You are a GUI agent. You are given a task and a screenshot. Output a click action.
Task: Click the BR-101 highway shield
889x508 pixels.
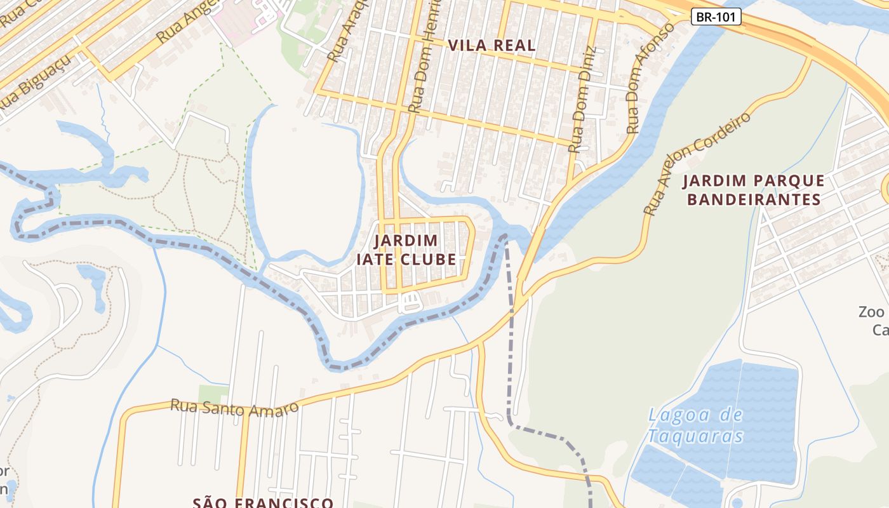pos(716,17)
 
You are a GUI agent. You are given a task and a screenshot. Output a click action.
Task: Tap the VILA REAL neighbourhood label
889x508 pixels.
pos(491,46)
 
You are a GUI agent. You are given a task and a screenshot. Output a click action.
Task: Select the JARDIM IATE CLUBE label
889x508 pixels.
pos(406,250)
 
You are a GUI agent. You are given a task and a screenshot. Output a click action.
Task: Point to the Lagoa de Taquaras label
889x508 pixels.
pos(695,425)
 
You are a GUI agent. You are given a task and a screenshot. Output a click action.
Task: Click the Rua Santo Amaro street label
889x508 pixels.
pos(234,408)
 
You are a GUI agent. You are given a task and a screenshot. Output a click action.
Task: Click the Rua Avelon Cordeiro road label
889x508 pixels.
pos(697,164)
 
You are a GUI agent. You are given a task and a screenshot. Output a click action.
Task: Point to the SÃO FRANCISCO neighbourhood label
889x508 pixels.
pos(263,502)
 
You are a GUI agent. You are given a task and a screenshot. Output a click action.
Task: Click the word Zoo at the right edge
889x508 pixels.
pos(871,312)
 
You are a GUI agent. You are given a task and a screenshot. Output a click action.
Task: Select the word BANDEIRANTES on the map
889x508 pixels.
pos(754,200)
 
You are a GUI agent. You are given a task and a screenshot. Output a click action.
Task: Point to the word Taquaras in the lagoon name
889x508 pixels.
pos(695,437)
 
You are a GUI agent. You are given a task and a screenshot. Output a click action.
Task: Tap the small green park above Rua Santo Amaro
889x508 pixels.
pos(213,394)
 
